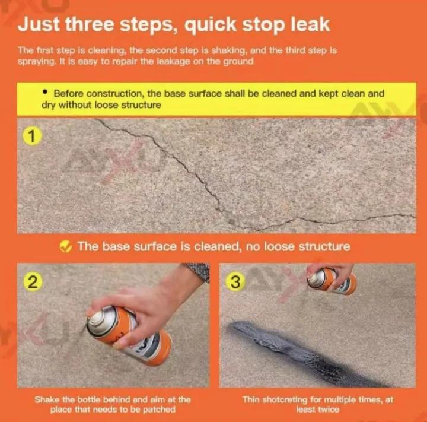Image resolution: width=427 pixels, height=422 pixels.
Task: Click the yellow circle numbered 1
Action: coord(32,137)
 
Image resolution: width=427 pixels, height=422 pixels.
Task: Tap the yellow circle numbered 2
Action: coord(33,282)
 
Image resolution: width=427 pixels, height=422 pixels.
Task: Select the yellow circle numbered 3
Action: coord(235,282)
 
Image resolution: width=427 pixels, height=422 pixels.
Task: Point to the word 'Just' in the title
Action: coord(39,24)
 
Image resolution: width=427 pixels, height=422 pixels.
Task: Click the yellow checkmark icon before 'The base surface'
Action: coord(66,246)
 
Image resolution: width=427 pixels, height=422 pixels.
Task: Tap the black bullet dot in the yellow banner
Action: coord(45,92)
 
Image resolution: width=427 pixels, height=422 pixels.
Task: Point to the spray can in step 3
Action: coord(332,281)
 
